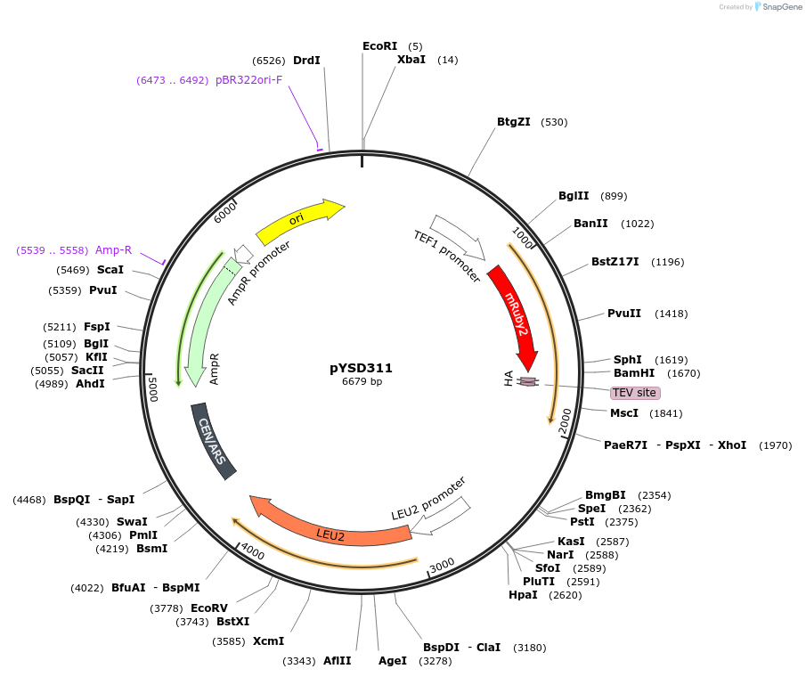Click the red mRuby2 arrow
click(x=516, y=316)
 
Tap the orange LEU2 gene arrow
click(x=330, y=530)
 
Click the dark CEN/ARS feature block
click(x=214, y=441)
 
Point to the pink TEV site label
click(x=635, y=393)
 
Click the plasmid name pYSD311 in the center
click(x=361, y=367)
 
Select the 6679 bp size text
click(x=362, y=382)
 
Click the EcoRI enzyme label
click(x=380, y=45)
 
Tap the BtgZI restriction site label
click(x=514, y=122)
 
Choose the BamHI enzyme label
click(x=634, y=373)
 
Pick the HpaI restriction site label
click(x=523, y=595)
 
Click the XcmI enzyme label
click(x=268, y=641)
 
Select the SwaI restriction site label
click(x=132, y=522)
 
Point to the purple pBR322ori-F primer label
click(x=248, y=80)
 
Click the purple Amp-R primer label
click(x=113, y=250)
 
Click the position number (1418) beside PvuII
click(x=671, y=314)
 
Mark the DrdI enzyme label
click(x=306, y=61)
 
